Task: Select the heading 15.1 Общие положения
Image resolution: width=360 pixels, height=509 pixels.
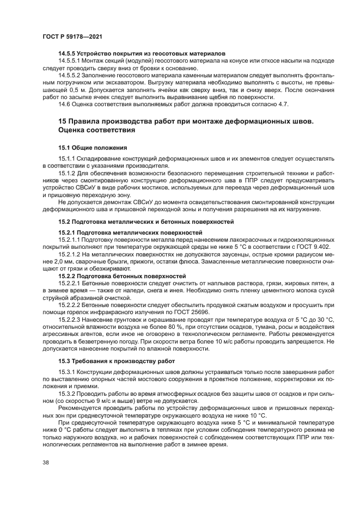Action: tap(93, 148)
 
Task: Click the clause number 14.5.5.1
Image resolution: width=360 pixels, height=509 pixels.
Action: tap(70, 61)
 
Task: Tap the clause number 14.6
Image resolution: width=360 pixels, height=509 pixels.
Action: tap(65, 103)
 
